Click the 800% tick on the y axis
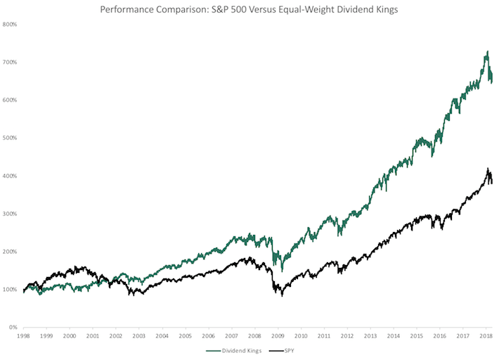click(x=11, y=24)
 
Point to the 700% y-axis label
click(x=11, y=62)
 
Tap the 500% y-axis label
click(x=11, y=138)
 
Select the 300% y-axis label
click(x=11, y=214)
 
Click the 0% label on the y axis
click(x=13, y=328)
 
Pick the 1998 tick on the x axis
click(x=23, y=337)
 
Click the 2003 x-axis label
click(x=138, y=337)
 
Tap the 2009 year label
click(x=278, y=337)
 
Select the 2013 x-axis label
click(x=370, y=337)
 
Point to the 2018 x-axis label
click(x=486, y=337)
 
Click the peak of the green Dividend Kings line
click(x=487, y=51)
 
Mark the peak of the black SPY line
click(x=488, y=169)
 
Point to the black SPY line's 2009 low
click(x=283, y=295)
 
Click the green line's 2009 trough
click(x=282, y=270)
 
